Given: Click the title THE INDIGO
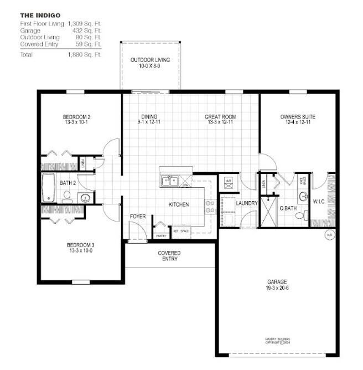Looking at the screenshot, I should [40, 16].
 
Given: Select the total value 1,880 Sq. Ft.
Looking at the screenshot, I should [85, 55].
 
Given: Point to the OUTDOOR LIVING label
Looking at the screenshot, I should [150, 60].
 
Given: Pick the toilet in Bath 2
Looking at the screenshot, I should [66, 196].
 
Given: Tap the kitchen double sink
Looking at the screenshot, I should [169, 181].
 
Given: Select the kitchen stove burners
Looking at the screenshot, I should [210, 207].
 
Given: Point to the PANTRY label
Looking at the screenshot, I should [162, 235].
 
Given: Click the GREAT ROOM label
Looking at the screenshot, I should [220, 117].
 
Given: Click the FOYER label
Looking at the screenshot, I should [138, 217].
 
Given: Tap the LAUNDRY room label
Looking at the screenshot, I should [246, 203].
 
